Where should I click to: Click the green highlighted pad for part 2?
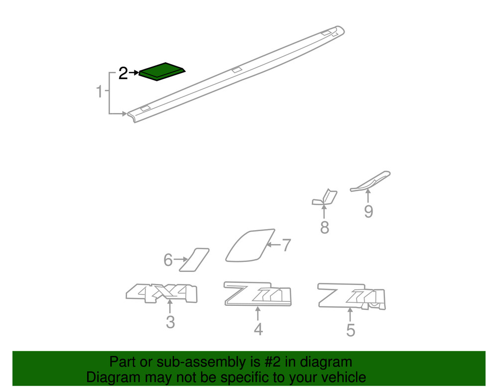(162, 71)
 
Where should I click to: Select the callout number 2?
(123, 74)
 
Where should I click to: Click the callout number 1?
(99, 92)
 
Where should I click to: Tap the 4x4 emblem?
(162, 293)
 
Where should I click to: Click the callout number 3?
(170, 322)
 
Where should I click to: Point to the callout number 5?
(351, 330)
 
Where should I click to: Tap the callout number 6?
(168, 260)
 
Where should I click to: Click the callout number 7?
(286, 245)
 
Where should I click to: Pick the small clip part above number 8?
(325, 197)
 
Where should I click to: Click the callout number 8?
(325, 228)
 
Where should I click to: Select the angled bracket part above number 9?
(371, 181)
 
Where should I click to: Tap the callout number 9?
(368, 212)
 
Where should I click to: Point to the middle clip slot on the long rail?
(236, 69)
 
